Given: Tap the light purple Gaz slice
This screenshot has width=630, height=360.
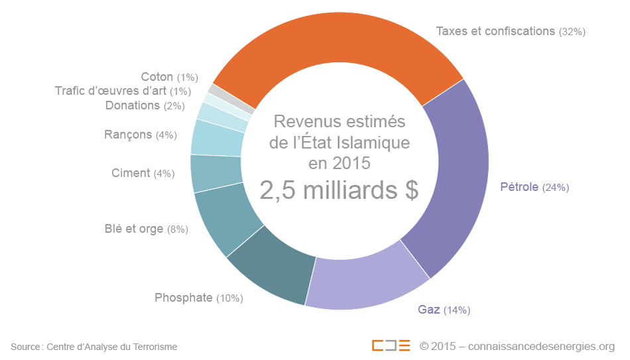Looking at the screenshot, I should [x=368, y=278].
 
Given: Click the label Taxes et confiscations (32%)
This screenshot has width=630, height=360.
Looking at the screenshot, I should [x=510, y=31].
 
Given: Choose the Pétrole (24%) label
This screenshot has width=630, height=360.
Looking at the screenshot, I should [x=534, y=187].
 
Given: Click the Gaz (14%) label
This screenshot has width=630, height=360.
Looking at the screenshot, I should [x=444, y=310].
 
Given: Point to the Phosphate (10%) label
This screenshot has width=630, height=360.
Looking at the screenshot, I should [x=198, y=298].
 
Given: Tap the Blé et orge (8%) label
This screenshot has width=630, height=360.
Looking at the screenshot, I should [x=146, y=229].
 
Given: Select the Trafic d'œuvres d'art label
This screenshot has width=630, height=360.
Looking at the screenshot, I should [x=123, y=91].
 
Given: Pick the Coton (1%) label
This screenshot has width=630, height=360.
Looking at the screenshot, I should [x=169, y=77].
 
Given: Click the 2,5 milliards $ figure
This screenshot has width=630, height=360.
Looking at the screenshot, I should [x=339, y=190].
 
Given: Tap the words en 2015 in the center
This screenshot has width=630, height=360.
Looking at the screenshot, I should [x=339, y=163].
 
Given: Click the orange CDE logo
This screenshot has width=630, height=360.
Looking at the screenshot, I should [x=391, y=346].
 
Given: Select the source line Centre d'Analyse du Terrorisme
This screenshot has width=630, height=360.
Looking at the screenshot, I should [x=111, y=347].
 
